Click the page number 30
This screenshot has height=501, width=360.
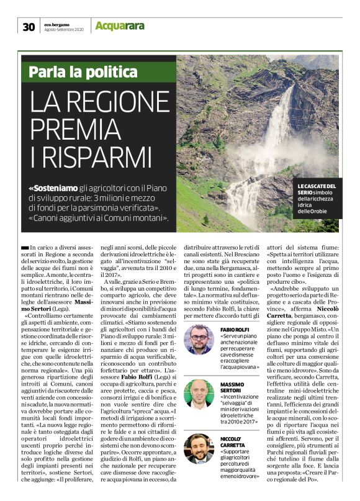(29, 26)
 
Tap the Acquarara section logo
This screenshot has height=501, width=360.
(120, 25)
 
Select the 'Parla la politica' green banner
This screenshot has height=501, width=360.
(83, 71)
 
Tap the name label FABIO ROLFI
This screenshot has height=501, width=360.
(234, 329)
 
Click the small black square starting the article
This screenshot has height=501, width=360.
(24, 247)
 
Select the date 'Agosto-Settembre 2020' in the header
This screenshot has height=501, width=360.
(65, 30)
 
